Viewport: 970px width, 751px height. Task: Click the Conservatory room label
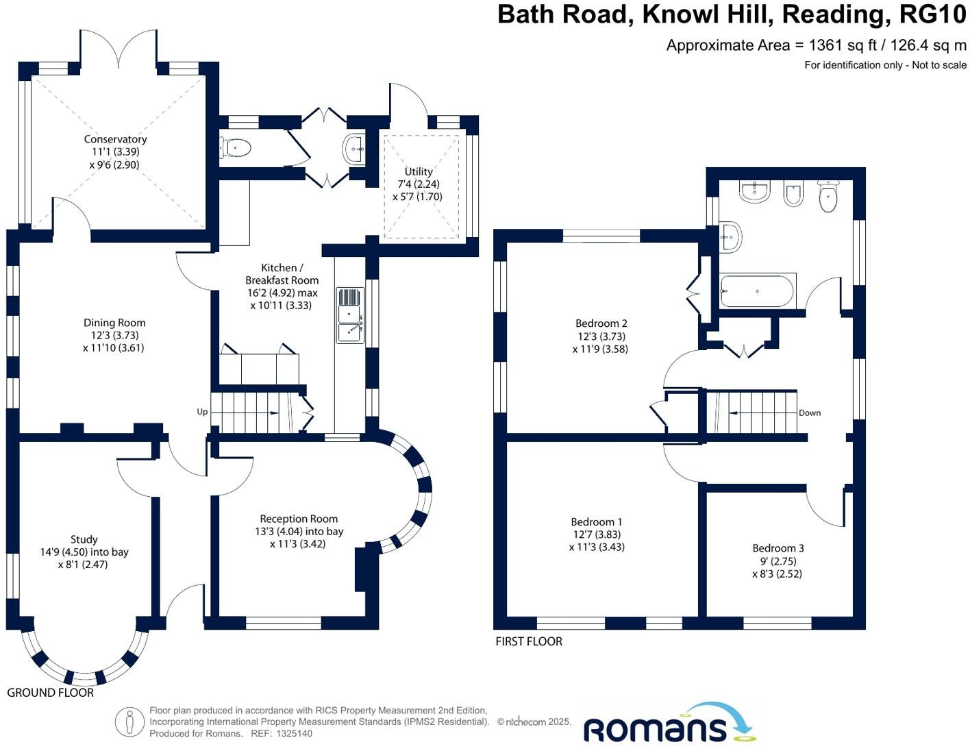[115, 139]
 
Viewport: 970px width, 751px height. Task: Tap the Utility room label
[419, 171]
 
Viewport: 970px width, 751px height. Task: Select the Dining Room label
[114, 323]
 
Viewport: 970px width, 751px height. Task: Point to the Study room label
[84, 540]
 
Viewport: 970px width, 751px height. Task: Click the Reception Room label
[299, 519]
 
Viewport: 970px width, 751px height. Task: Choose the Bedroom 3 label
[778, 548]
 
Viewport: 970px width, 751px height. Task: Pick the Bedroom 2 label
[601, 323]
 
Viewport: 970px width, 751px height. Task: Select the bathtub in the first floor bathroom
[757, 291]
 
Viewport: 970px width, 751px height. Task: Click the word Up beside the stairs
[202, 412]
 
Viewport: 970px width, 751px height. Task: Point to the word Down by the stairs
[810, 413]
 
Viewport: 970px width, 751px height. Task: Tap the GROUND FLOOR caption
[50, 693]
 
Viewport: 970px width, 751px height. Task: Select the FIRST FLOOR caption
[529, 641]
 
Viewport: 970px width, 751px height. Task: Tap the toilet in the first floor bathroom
[828, 197]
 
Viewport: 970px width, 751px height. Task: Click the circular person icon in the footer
[129, 722]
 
